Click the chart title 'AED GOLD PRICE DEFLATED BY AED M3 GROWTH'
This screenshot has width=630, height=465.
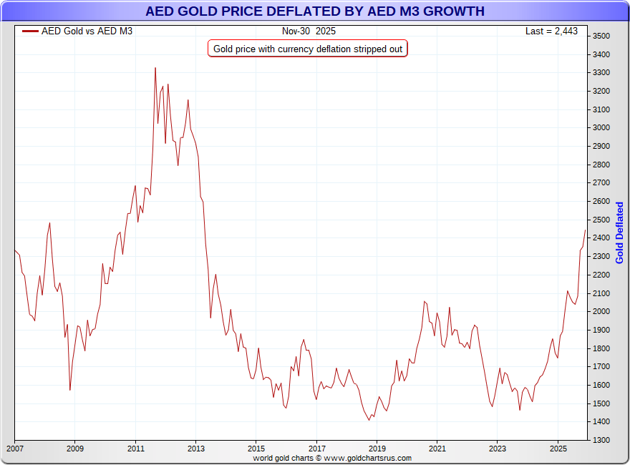tap(315, 11)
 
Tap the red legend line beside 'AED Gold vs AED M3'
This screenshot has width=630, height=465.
tap(30, 31)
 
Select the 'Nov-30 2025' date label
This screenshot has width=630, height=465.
tap(309, 31)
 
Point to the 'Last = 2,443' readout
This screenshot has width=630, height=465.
tap(551, 31)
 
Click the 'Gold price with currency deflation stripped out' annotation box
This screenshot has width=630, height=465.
tap(308, 49)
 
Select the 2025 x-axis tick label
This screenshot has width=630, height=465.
tap(558, 449)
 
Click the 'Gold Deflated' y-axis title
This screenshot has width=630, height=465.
tap(620, 232)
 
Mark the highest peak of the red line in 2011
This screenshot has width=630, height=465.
tap(155, 68)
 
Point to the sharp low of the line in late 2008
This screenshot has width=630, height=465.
tap(69, 390)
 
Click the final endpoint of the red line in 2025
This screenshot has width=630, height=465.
tap(585, 230)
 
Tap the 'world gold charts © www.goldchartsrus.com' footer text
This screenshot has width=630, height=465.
tap(332, 458)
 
